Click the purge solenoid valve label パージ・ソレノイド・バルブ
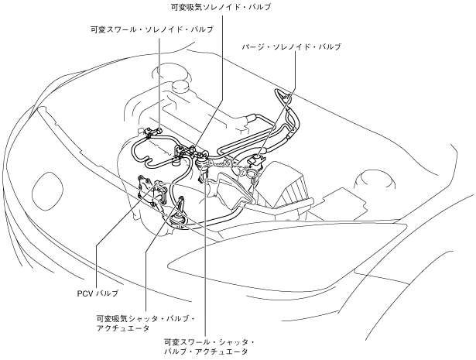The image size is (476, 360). click(x=291, y=46)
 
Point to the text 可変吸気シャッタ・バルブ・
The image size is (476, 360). click(x=145, y=318)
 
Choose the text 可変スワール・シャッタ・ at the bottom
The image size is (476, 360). click(x=210, y=341)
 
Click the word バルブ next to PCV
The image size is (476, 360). click(x=107, y=294)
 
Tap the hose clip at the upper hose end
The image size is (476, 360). click(x=285, y=97)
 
